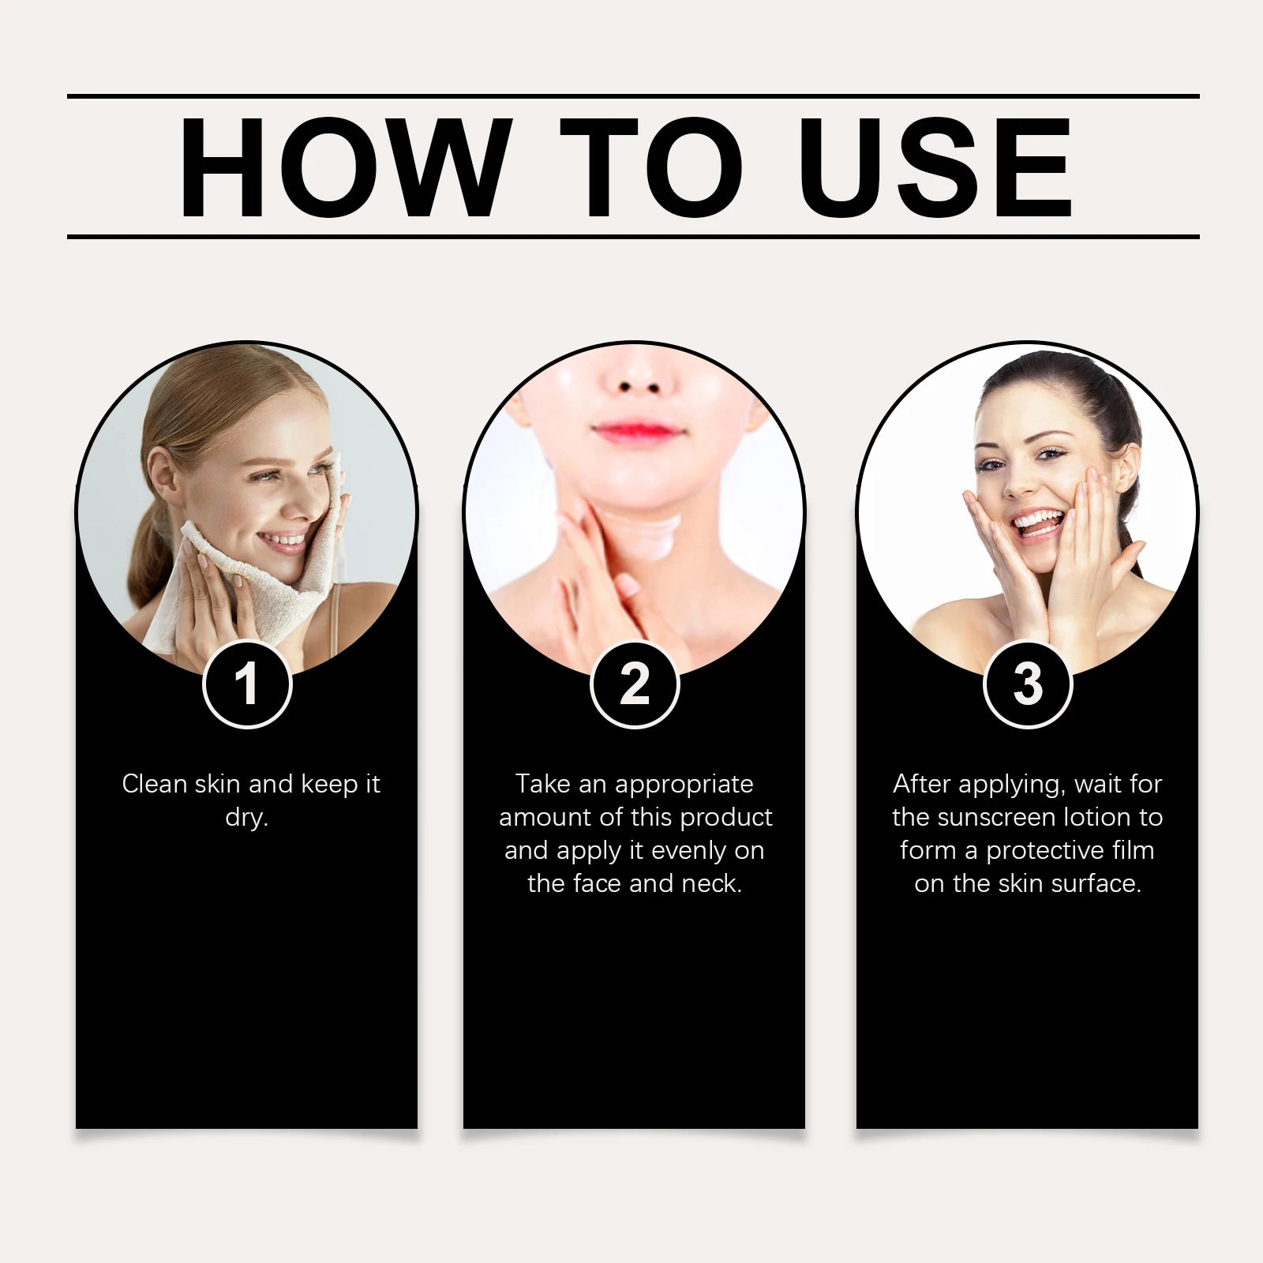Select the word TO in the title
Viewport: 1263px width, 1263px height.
click(651, 168)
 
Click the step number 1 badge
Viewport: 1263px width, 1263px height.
click(247, 683)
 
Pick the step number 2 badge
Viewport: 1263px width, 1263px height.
click(635, 683)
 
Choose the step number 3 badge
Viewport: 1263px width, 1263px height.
click(1028, 683)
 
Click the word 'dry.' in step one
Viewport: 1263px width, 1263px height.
click(246, 818)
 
